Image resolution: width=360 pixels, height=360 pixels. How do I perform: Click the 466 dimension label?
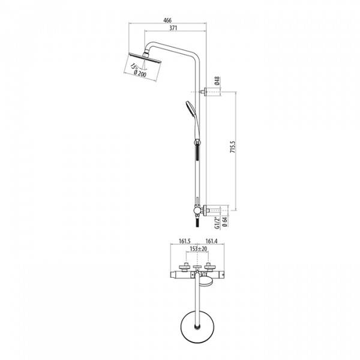click(167, 20)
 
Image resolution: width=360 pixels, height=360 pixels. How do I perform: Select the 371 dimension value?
click(173, 28)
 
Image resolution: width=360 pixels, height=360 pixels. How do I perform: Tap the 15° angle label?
click(133, 67)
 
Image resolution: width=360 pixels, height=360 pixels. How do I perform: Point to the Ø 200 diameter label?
click(140, 74)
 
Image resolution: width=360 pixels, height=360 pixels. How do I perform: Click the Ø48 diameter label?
click(217, 81)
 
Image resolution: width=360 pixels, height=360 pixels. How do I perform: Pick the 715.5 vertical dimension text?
click(233, 148)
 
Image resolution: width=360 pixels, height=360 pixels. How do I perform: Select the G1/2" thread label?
click(217, 223)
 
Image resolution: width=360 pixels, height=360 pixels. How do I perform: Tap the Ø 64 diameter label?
click(225, 222)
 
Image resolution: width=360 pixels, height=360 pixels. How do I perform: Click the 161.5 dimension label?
click(185, 241)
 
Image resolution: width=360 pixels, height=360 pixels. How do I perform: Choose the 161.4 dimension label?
click(211, 241)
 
